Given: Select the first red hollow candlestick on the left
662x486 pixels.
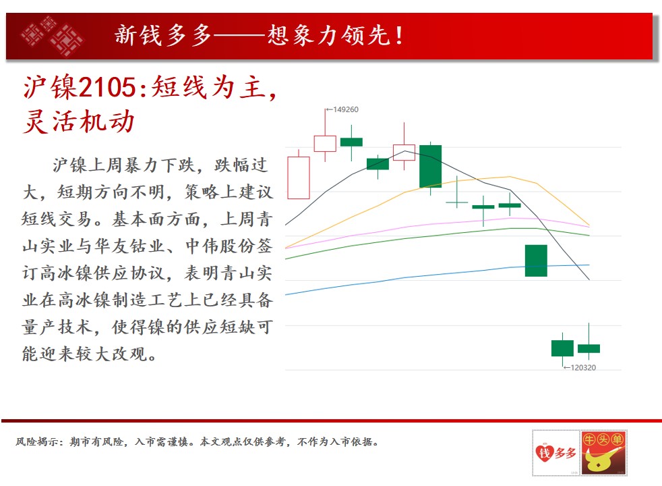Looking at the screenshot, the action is click(299, 178).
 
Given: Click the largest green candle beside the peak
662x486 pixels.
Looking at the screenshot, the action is click(430, 166).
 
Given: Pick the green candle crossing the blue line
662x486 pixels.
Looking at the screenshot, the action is click(536, 261).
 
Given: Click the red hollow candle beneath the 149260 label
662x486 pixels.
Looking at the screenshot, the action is click(325, 144).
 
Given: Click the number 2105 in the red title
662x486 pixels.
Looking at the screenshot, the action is click(107, 88).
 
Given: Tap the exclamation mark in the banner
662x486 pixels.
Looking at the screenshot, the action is click(399, 36).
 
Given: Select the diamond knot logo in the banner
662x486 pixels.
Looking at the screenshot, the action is click(53, 36).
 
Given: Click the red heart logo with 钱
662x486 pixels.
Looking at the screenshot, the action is click(544, 454).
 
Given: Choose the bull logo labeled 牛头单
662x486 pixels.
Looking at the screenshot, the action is click(603, 453).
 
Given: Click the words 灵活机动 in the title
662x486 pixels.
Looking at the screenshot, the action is click(79, 122).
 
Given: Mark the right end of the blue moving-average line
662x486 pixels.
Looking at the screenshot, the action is click(589, 265).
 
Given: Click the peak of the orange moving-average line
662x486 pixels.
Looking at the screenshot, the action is click(510, 177).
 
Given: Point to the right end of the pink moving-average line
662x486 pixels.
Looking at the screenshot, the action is click(589, 227).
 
